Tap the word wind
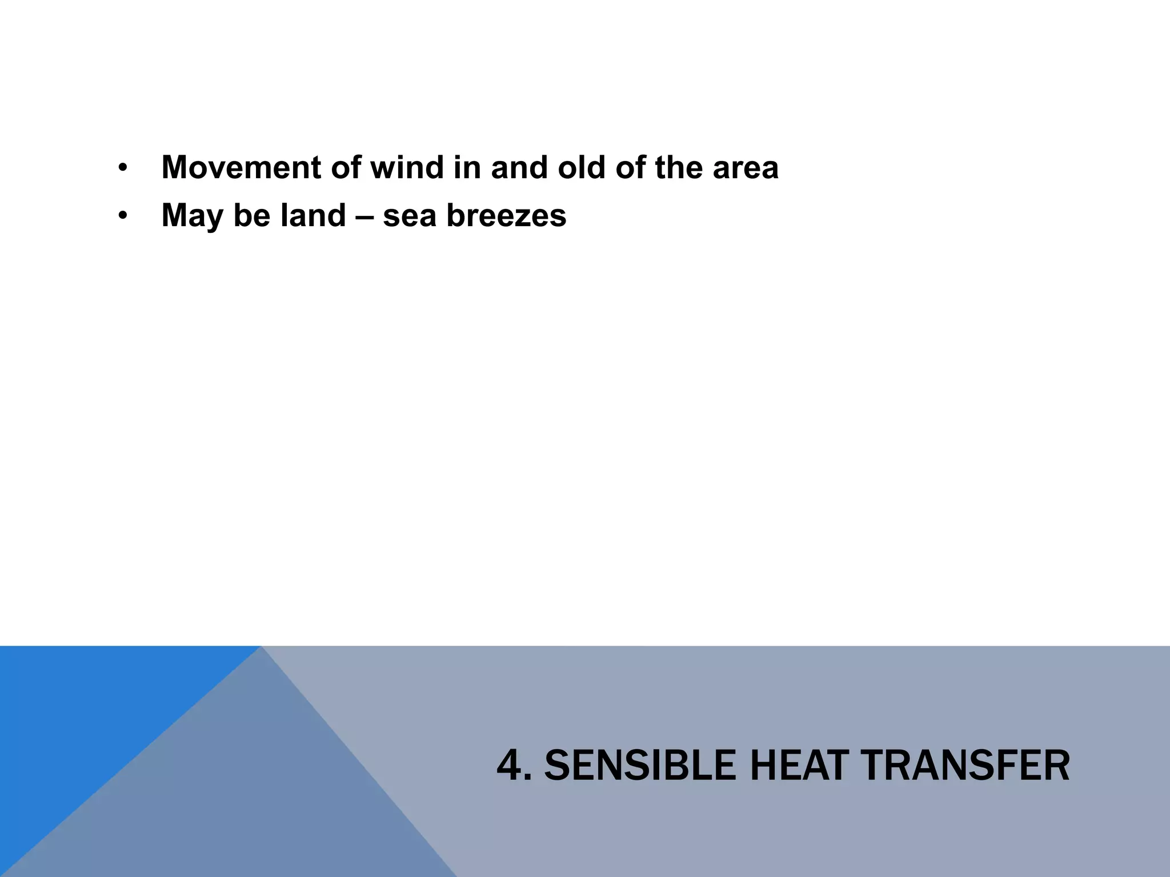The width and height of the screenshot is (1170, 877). [x=407, y=168]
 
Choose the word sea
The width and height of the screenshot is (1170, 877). [x=409, y=216]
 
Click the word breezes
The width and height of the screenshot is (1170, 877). [x=506, y=216]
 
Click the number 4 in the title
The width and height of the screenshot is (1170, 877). [x=510, y=766]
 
